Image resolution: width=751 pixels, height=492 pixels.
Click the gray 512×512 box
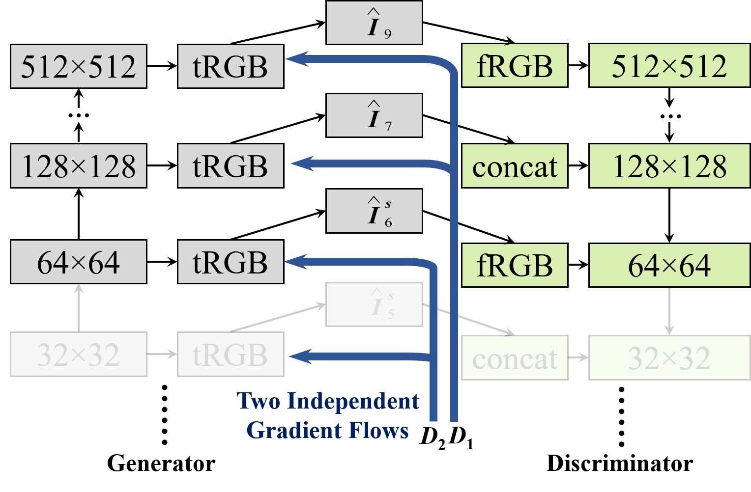point(79,67)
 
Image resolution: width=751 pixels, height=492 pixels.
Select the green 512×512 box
point(669,66)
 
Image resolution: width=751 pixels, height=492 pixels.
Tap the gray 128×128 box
point(79,166)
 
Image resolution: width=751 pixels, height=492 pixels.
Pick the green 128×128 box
point(669,166)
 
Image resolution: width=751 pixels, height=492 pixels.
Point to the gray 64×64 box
point(79,262)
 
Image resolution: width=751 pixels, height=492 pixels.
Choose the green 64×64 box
point(669,265)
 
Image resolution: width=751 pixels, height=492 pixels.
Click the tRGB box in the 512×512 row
point(231,67)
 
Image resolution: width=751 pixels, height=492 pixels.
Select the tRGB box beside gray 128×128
point(231,166)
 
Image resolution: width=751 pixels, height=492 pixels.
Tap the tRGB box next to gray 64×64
point(231,262)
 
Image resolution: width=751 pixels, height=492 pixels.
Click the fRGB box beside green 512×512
point(515,66)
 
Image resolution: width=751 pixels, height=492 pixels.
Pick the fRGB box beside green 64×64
point(515,265)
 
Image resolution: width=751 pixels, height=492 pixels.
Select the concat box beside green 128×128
point(515,166)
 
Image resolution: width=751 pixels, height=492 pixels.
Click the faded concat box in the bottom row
point(515,358)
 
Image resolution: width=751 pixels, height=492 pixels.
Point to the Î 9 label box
point(374,23)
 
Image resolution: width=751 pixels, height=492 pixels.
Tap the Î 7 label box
point(374,115)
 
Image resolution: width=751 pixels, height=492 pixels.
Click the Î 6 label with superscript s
point(374,211)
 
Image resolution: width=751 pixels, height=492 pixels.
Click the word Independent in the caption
point(353,401)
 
